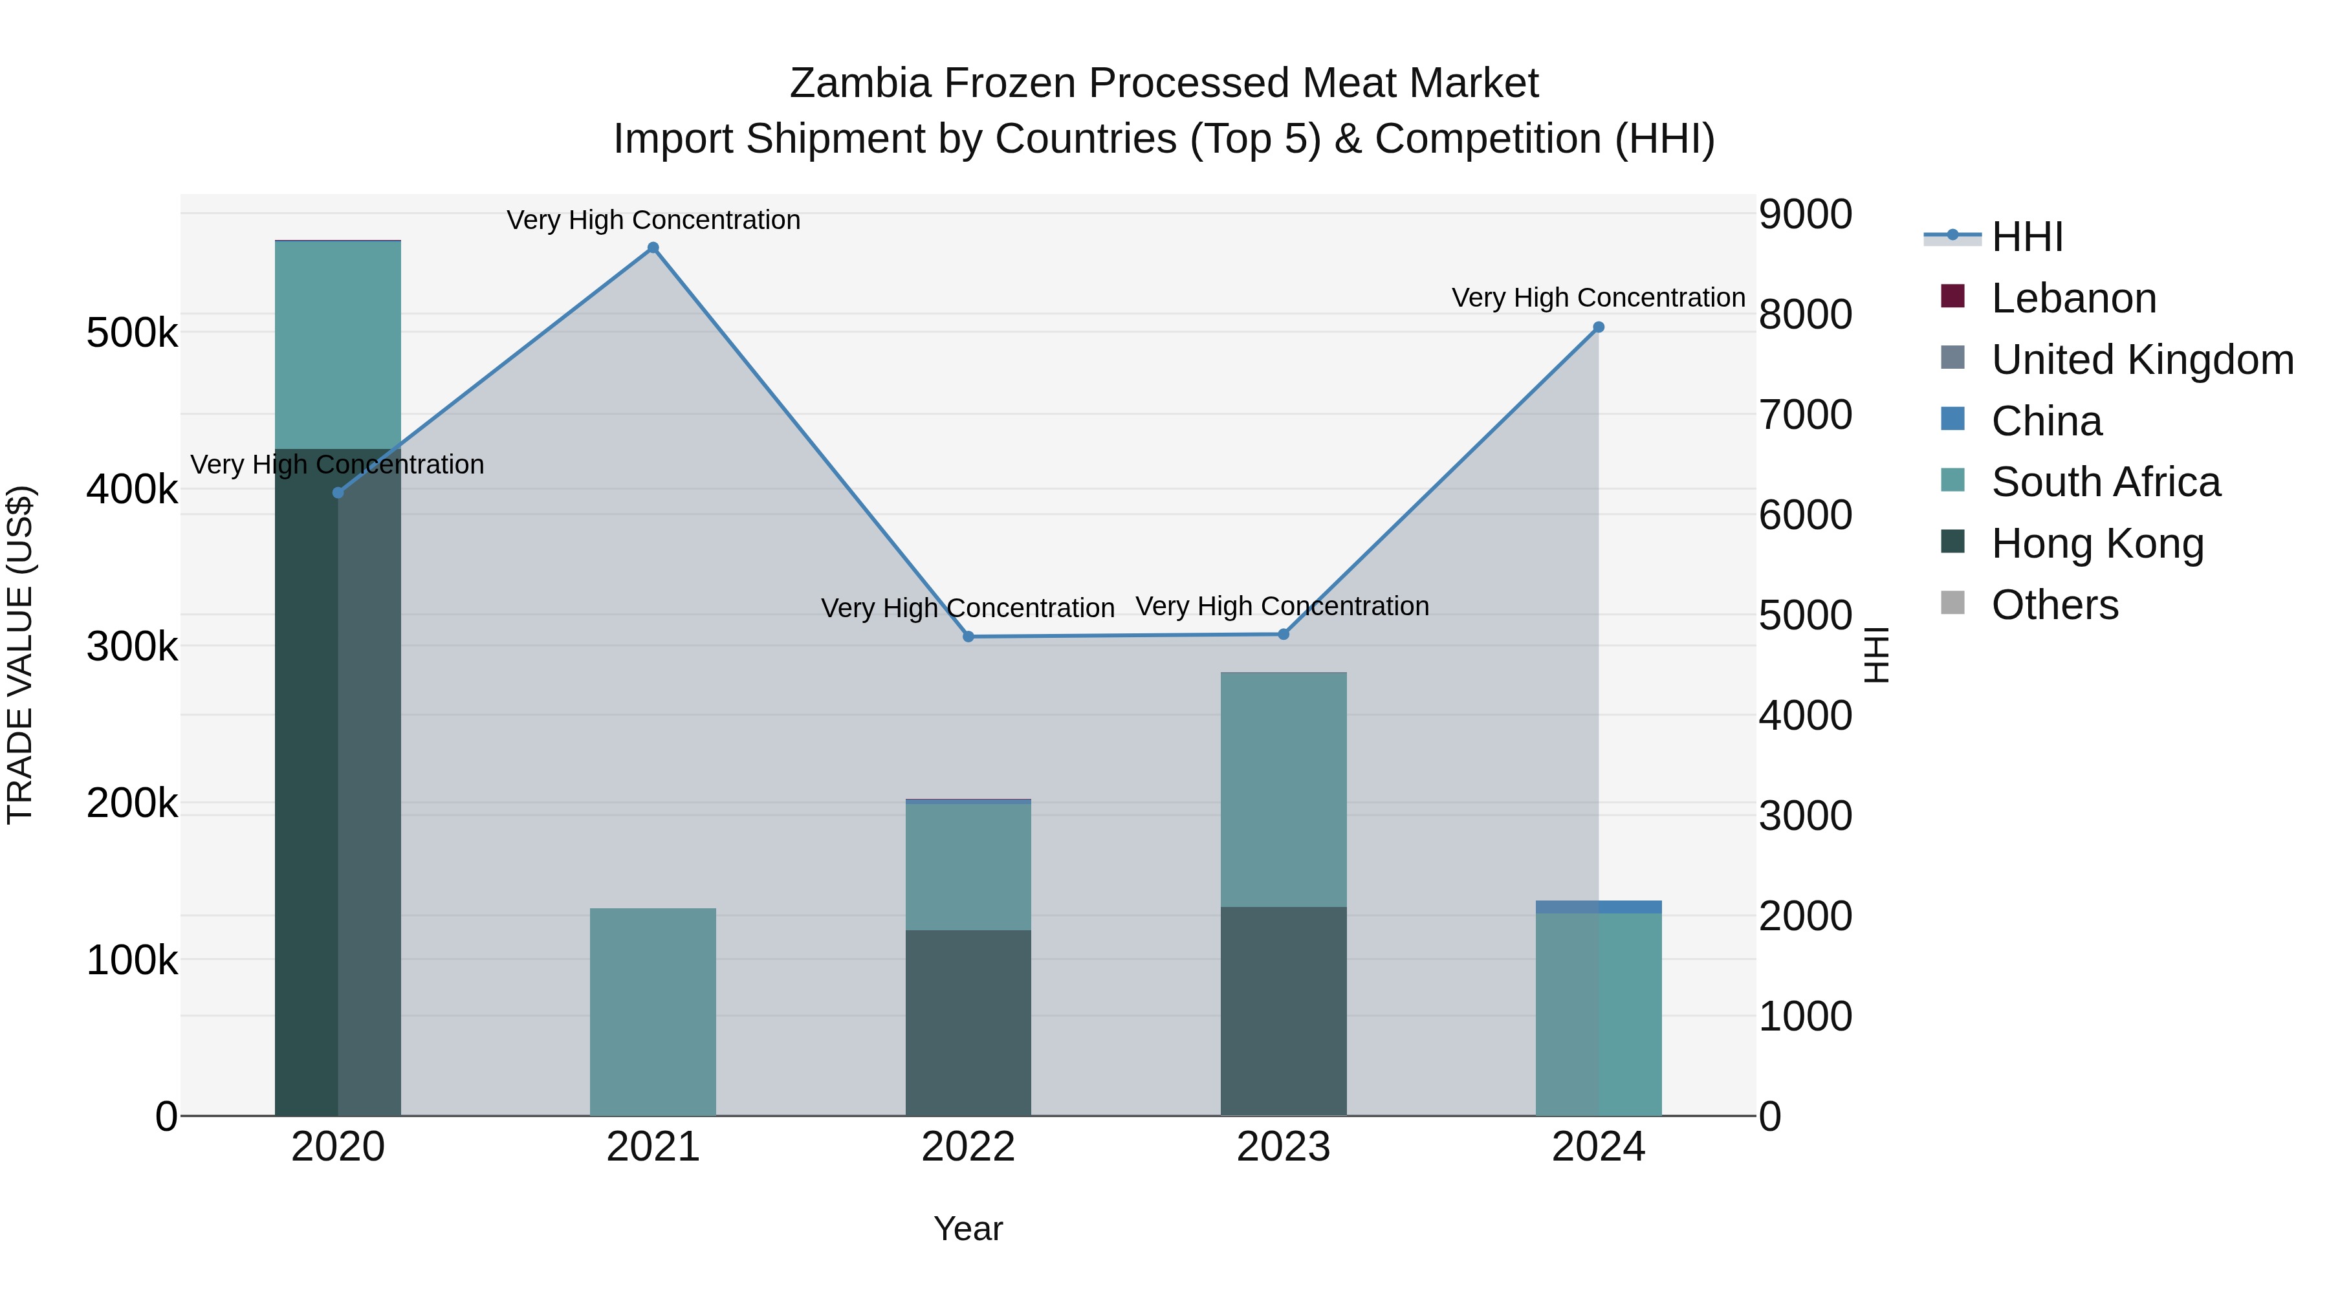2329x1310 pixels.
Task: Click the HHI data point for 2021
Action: [653, 248]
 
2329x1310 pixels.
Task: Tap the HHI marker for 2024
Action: [1599, 327]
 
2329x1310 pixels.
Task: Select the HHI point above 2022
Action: [968, 637]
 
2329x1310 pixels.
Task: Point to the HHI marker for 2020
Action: [338, 493]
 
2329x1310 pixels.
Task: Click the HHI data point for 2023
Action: [1283, 634]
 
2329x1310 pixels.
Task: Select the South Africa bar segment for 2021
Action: [653, 1012]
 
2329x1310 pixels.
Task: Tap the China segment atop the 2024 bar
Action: [1599, 907]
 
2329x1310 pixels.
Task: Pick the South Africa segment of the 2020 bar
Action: [338, 344]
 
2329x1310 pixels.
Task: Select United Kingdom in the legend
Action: [2141, 360]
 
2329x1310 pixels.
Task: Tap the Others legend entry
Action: [2053, 605]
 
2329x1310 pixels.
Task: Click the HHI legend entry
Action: [2026, 237]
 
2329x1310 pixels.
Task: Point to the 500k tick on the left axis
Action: [132, 333]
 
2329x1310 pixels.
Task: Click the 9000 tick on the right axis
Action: [1804, 215]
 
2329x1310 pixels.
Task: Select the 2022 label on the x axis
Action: [968, 1147]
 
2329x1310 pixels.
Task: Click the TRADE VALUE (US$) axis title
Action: [20, 655]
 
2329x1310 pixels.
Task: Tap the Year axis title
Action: [968, 1228]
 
